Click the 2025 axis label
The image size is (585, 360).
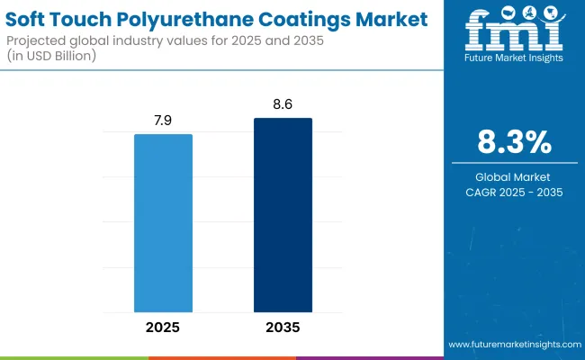[x=163, y=327]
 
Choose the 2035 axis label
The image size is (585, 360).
[x=283, y=327]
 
